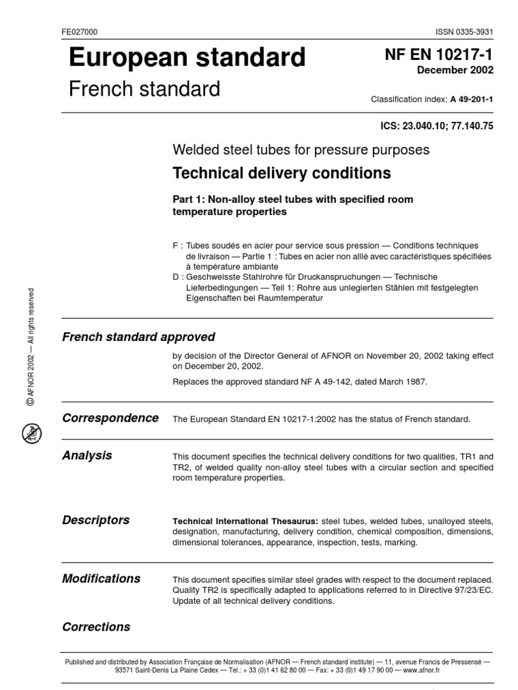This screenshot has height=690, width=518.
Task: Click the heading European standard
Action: click(x=187, y=58)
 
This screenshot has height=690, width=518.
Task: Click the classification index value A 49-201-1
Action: click(x=471, y=99)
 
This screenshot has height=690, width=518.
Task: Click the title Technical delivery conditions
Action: click(x=282, y=173)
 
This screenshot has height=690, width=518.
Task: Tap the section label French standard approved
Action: click(x=138, y=337)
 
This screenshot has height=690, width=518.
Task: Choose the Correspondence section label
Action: click(x=111, y=418)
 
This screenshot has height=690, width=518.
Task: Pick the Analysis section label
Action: click(x=87, y=456)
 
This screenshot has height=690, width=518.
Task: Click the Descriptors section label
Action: click(x=96, y=520)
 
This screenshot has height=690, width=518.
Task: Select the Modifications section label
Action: click(x=101, y=578)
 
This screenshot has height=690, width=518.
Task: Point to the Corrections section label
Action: click(x=96, y=627)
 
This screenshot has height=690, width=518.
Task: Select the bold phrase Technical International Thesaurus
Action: click(x=246, y=522)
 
